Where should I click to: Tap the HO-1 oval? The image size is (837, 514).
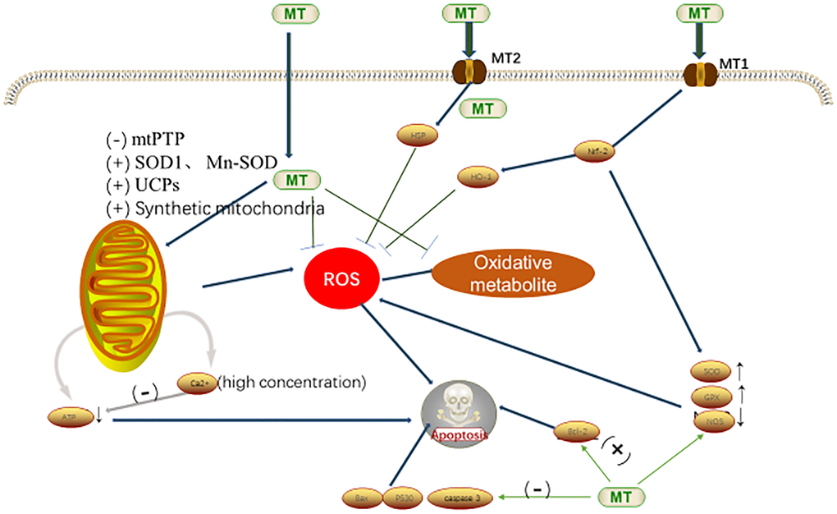(x=473, y=177)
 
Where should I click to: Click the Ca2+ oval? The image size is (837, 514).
(x=198, y=383)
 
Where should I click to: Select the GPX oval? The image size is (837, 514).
(x=711, y=396)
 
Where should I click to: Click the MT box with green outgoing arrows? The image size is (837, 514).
(x=620, y=495)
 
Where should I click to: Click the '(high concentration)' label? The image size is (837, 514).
(x=293, y=382)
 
